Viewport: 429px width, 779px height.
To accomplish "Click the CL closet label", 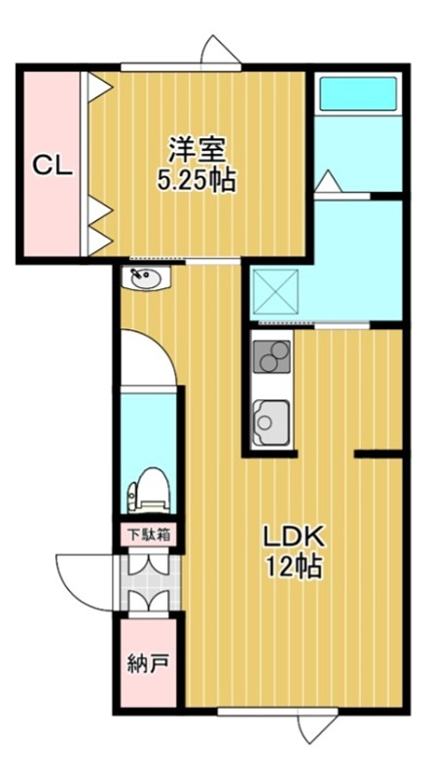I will click(x=53, y=167).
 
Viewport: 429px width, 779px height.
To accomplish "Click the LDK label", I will click(x=296, y=537).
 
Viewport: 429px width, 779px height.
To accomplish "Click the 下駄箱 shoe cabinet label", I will click(x=149, y=534).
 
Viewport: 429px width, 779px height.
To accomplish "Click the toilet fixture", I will click(x=149, y=488).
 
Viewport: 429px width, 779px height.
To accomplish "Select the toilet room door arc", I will click(x=151, y=356).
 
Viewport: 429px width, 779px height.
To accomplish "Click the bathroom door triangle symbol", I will click(x=327, y=180).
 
